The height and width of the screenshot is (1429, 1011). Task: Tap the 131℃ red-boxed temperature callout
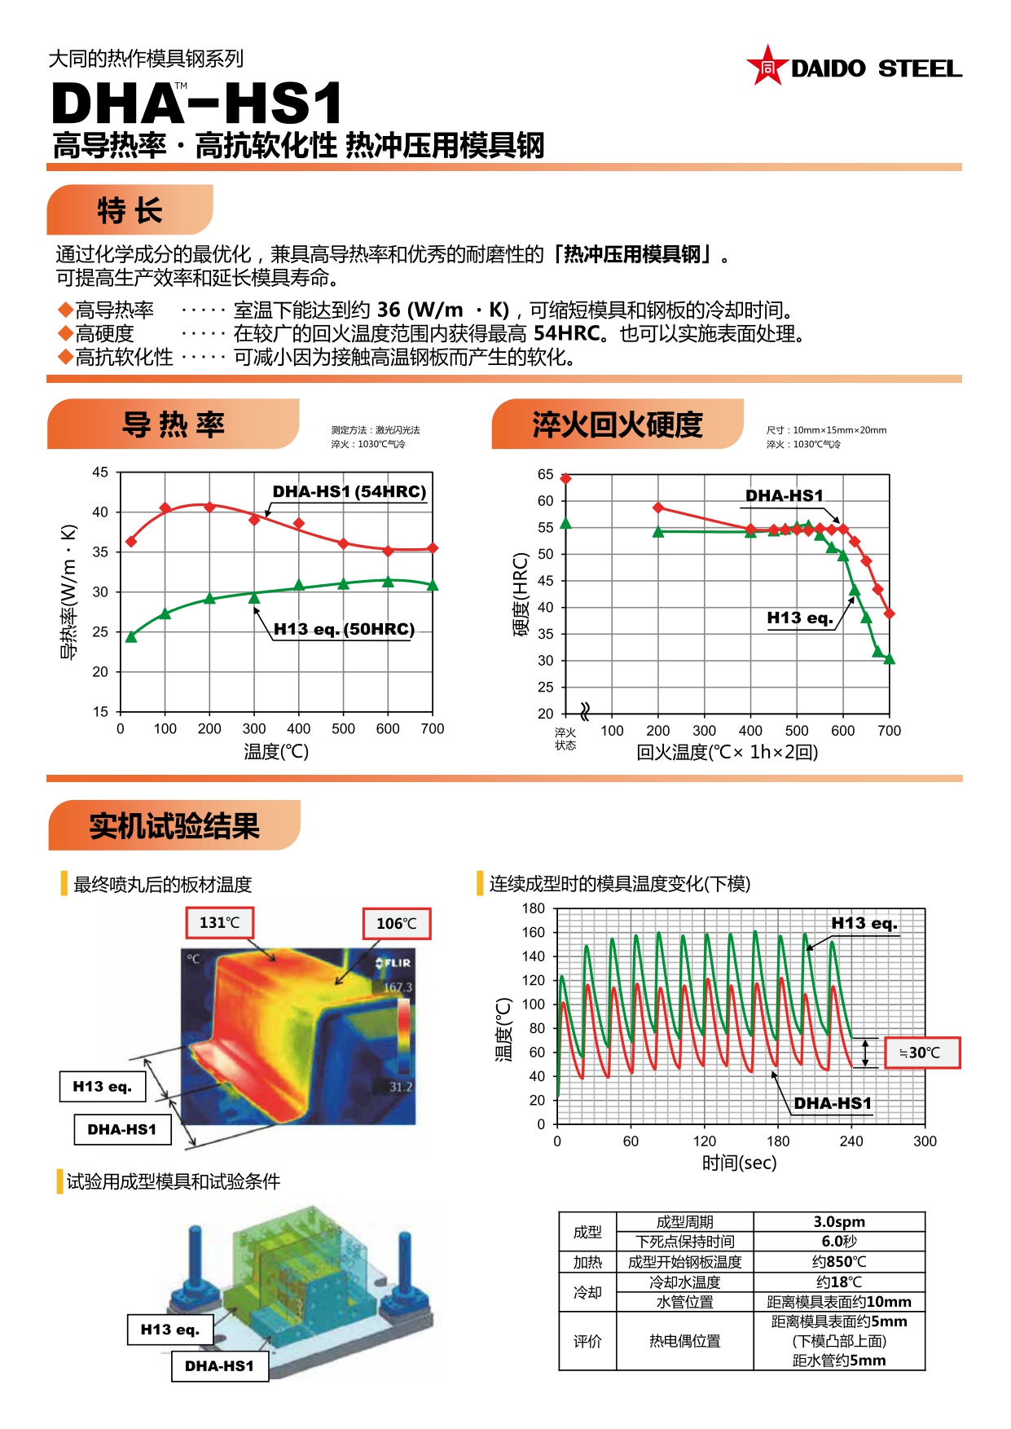pos(220,922)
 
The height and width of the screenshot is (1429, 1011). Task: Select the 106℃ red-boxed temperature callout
pos(397,923)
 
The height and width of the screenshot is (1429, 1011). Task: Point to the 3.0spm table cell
pos(839,1221)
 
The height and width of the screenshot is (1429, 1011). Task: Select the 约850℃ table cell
pos(839,1261)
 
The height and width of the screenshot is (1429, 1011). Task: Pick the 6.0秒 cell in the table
pos(839,1241)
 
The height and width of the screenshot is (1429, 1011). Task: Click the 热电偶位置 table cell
pos(684,1340)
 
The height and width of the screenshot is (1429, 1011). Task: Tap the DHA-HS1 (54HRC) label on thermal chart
pos(349,491)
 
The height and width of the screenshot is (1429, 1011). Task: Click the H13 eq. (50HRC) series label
pos(344,629)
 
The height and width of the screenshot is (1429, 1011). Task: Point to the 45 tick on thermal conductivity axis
pos(100,473)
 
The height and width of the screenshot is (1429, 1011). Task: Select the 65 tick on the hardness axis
pos(545,474)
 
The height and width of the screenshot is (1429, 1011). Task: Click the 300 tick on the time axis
pos(925,1141)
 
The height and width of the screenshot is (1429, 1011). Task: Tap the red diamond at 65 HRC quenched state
pos(565,478)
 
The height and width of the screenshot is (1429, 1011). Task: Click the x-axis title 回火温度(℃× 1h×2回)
pos(727,752)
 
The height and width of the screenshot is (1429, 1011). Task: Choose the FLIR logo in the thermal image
pos(393,963)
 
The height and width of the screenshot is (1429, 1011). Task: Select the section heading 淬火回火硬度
pos(618,424)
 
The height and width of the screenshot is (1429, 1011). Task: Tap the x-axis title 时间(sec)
pos(739,1163)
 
